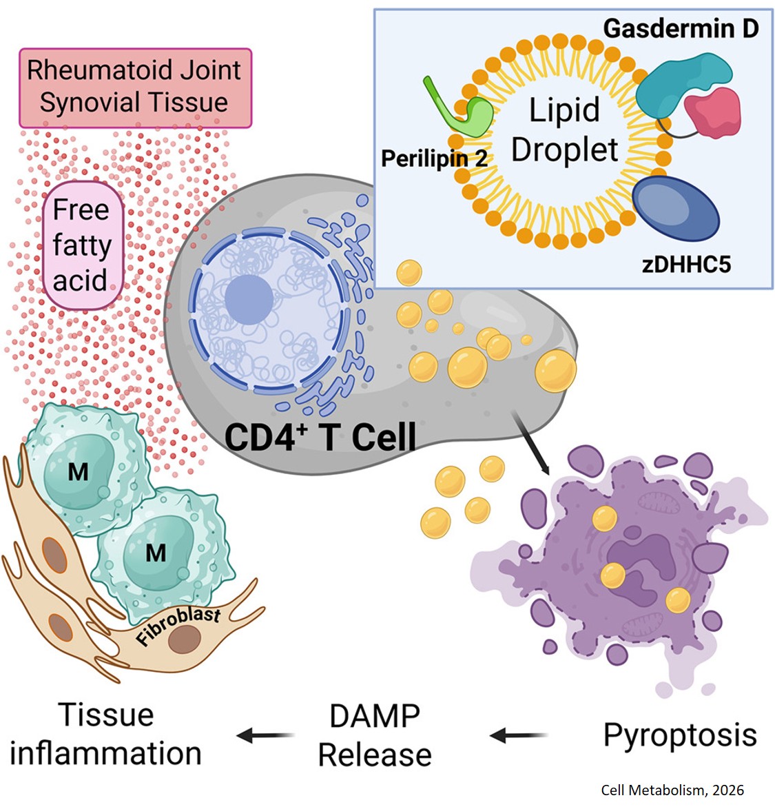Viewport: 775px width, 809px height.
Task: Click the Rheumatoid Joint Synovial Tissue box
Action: [135, 87]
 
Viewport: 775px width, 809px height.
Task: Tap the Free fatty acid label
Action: [81, 245]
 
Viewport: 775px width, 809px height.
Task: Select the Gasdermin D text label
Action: [680, 28]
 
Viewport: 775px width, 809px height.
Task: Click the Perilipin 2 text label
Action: [434, 158]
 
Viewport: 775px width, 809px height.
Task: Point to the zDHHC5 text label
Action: [686, 264]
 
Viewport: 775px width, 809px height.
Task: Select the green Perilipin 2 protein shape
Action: [468, 114]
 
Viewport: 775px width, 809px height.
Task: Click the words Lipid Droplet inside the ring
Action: [564, 130]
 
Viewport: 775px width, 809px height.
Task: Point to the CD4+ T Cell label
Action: [320, 437]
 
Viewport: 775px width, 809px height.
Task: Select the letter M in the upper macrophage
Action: [78, 473]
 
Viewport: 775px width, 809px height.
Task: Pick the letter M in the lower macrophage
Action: [156, 553]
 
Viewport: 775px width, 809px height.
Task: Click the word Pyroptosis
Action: [680, 735]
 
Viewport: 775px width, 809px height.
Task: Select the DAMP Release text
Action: [375, 736]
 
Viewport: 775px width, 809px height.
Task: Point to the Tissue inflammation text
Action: [106, 734]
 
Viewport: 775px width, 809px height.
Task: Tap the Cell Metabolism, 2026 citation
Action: [672, 790]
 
